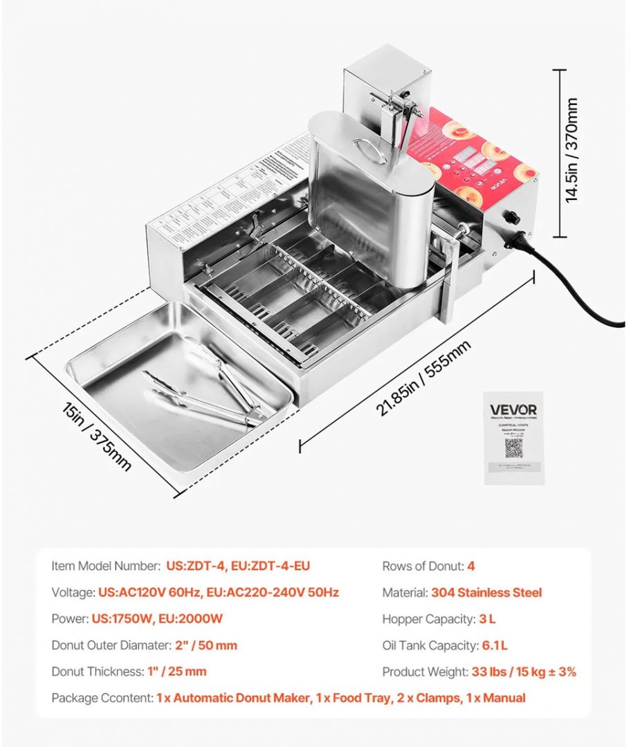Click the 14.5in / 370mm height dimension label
pos(571,150)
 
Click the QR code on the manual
pos(513,448)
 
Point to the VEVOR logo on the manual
pos(513,409)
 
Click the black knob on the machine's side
pos(513,217)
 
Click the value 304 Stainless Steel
pos(486,593)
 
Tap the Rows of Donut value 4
pos(470,566)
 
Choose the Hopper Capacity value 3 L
pos(486,619)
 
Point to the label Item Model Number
pos(106,566)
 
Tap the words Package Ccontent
pos(102,698)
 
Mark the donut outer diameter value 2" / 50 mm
pos(205,645)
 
